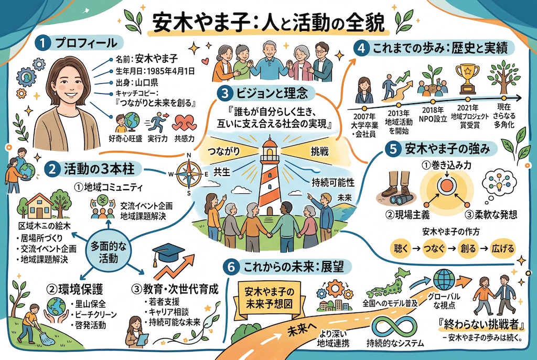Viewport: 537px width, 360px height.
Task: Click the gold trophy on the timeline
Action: pos(467,79)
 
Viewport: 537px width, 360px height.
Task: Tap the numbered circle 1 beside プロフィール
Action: pos(42,43)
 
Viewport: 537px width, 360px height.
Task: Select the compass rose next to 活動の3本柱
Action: pos(189,174)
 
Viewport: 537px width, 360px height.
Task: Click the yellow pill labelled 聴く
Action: pos(400,248)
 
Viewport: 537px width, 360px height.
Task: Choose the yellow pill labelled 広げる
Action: pos(503,248)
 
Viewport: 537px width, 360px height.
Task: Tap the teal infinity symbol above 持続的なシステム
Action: pos(394,327)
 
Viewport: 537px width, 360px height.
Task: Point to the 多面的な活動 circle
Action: pos(108,252)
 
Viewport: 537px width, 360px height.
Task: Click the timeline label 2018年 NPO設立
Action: pos(433,114)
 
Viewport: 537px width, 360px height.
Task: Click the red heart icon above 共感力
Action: pos(184,123)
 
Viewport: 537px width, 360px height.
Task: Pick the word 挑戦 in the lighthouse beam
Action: pos(319,151)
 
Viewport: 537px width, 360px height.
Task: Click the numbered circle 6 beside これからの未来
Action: pos(231,267)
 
